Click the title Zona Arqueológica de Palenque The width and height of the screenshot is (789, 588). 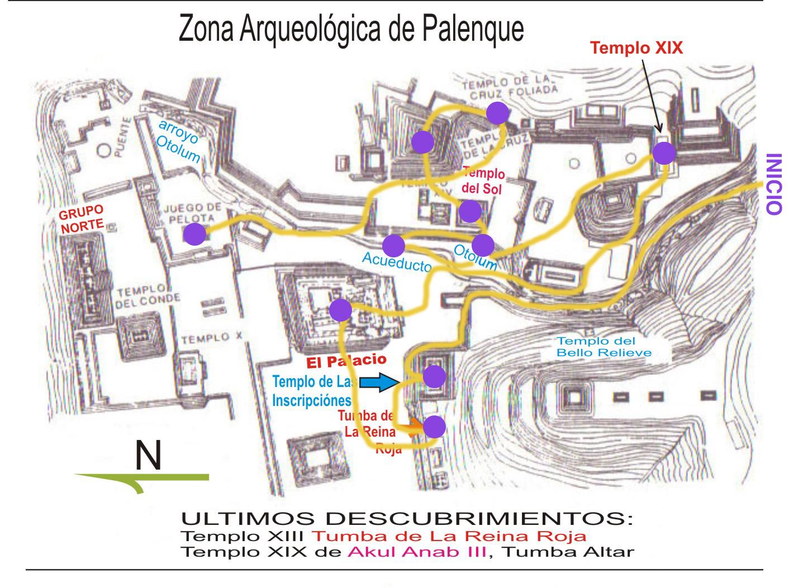351,30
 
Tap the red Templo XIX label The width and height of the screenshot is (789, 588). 637,47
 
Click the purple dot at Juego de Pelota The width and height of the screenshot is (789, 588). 194,234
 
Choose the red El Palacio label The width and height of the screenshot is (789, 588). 346,361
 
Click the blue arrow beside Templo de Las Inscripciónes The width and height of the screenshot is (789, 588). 378,383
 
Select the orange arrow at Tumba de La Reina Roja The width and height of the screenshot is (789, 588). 414,428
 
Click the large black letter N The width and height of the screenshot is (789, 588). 148,456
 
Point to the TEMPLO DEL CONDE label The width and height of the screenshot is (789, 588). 148,297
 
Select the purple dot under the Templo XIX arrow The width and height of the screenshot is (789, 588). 664,153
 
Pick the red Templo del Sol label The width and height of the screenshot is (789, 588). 483,181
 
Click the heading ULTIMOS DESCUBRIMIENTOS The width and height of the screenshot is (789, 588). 407,518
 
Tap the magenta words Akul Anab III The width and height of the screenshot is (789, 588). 416,552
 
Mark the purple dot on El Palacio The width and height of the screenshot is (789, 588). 340,310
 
